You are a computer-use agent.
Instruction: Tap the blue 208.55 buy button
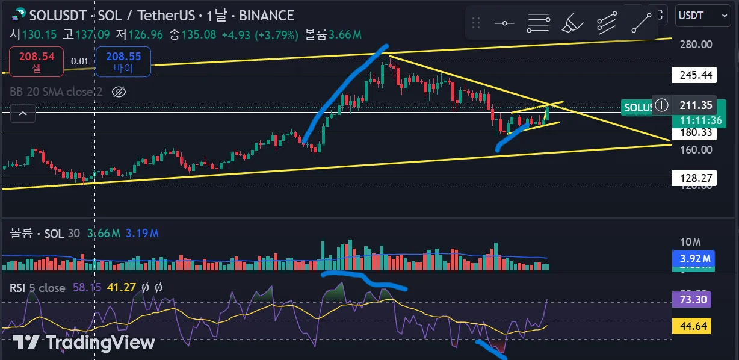click(x=123, y=62)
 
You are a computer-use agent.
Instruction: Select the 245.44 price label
click(x=696, y=75)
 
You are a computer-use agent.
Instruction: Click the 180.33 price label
click(x=696, y=132)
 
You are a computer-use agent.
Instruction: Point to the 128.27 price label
click(x=696, y=178)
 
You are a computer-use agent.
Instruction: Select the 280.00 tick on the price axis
click(x=696, y=44)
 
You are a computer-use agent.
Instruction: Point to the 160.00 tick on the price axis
click(x=696, y=149)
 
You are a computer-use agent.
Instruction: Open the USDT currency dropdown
click(x=702, y=15)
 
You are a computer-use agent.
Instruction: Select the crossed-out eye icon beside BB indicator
click(x=119, y=92)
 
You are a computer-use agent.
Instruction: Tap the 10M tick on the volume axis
click(x=690, y=242)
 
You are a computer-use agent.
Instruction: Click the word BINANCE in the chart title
click(x=266, y=16)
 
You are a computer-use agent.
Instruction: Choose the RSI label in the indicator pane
click(x=17, y=288)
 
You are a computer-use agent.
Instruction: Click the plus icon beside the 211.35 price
click(x=661, y=105)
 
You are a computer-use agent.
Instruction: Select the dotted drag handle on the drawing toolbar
click(x=476, y=23)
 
